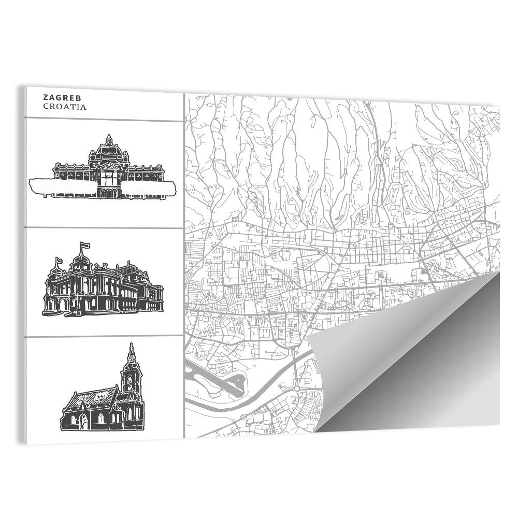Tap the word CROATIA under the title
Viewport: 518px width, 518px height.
(x=65, y=107)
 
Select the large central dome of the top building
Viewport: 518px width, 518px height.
(x=109, y=150)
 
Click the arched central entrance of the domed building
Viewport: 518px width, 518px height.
(x=109, y=193)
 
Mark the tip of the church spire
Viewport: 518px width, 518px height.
(x=131, y=344)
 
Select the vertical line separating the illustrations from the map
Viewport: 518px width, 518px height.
(x=184, y=259)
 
